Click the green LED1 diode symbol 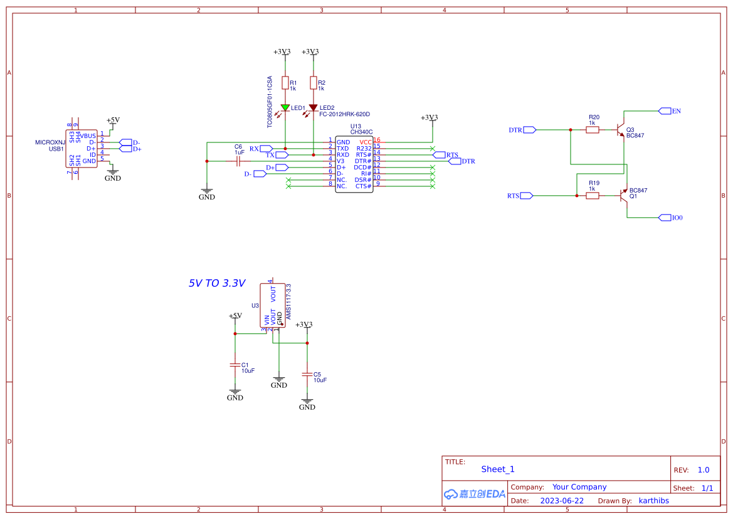285,107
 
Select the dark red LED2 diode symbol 313,107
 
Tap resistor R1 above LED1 285,83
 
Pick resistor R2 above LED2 313,83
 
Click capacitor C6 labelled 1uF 238,161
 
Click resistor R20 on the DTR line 592,130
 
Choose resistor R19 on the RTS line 592,196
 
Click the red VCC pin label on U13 365,142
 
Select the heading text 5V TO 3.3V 217,283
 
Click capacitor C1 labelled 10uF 235,365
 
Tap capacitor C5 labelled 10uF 307,374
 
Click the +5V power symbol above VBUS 113,120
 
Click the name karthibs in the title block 653,501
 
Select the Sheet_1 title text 498,469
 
